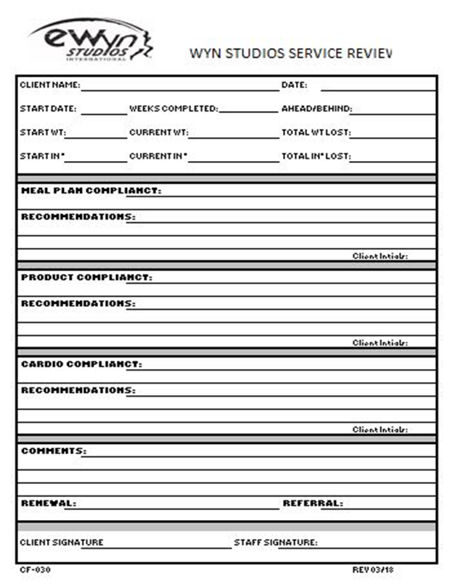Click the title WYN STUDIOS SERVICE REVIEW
pyautogui.click(x=290, y=53)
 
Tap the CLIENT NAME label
pyautogui.click(x=49, y=86)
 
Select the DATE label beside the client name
pyautogui.click(x=294, y=86)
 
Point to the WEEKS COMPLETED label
pyautogui.click(x=173, y=110)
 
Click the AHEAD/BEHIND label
pyautogui.click(x=316, y=110)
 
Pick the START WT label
pyautogui.click(x=43, y=133)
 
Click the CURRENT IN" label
pyautogui.click(x=158, y=157)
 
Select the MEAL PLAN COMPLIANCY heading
pyautogui.click(x=91, y=191)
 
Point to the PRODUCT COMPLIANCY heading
pyautogui.click(x=86, y=278)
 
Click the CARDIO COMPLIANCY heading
pyautogui.click(x=81, y=364)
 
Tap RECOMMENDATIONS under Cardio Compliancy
pyautogui.click(x=78, y=390)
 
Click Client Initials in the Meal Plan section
pyautogui.click(x=380, y=256)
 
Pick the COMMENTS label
pyautogui.click(x=53, y=451)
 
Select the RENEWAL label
pyautogui.click(x=48, y=503)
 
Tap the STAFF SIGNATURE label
pyautogui.click(x=275, y=542)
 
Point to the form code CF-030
pyautogui.click(x=35, y=570)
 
